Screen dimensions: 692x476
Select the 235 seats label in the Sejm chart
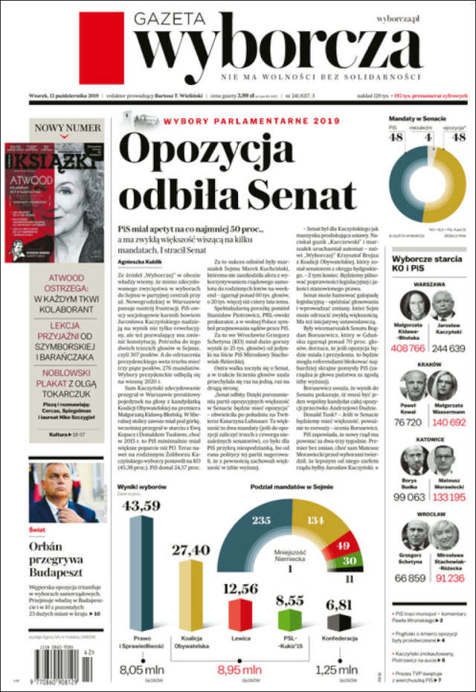pyautogui.click(x=261, y=520)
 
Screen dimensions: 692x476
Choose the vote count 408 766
pyautogui.click(x=408, y=347)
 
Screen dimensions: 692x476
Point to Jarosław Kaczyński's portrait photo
pyautogui.click(x=448, y=306)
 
